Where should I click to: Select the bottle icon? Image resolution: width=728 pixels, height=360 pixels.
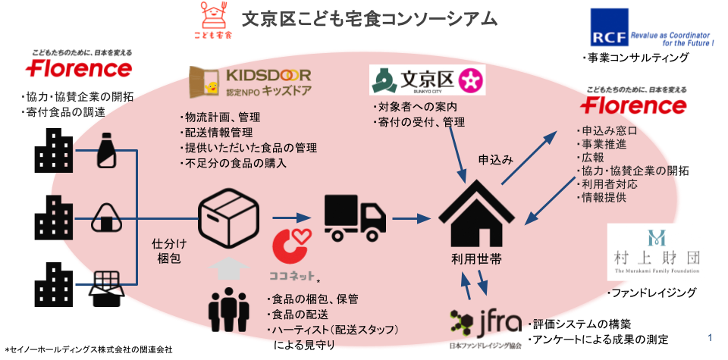[x=105, y=152]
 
